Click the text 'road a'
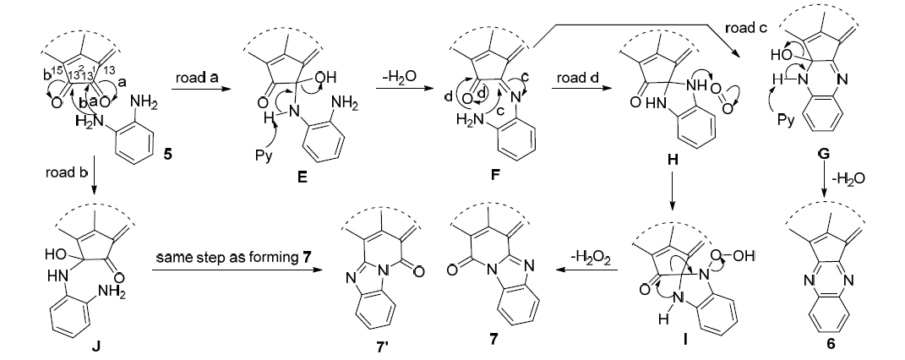[x=197, y=79]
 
